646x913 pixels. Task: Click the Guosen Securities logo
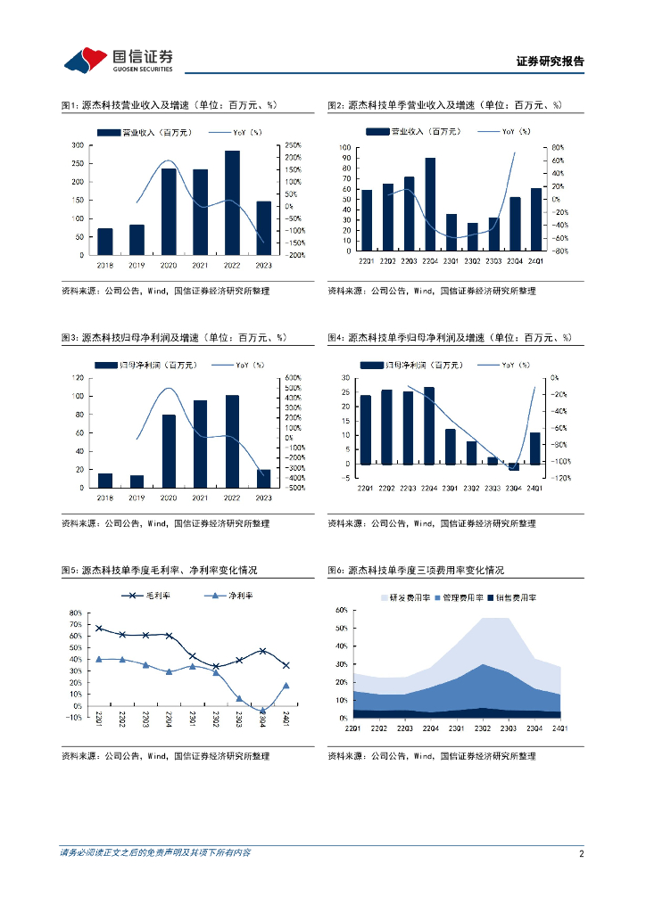118,60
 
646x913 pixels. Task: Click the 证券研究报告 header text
551,62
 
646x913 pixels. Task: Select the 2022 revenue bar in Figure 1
232,202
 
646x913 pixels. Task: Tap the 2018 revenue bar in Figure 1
105,242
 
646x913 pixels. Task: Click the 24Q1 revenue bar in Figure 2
535,219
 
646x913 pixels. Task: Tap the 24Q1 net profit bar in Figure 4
534,448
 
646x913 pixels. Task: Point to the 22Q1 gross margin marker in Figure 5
98,629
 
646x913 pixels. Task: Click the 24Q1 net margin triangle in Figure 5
286,686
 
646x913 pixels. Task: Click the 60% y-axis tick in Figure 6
341,611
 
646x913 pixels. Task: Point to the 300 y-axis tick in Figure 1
79,145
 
